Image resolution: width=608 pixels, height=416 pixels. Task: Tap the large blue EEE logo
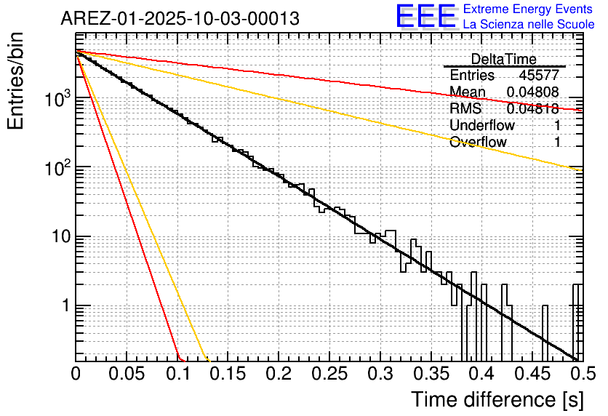coord(425,17)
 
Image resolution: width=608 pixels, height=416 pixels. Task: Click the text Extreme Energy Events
coord(527,9)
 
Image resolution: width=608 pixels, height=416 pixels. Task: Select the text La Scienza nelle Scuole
coord(529,25)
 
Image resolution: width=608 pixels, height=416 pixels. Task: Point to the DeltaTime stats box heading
coord(503,59)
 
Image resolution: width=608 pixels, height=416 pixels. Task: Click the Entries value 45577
coord(539,76)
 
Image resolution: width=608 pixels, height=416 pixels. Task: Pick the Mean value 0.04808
coord(532,92)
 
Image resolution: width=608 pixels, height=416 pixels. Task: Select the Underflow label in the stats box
coord(482,125)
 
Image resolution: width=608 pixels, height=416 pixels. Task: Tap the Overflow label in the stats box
coord(478,142)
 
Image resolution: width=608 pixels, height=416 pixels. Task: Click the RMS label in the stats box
coord(465,109)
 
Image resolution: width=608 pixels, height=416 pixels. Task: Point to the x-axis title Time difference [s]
coord(497,399)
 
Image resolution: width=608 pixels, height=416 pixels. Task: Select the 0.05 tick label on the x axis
coord(126,375)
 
